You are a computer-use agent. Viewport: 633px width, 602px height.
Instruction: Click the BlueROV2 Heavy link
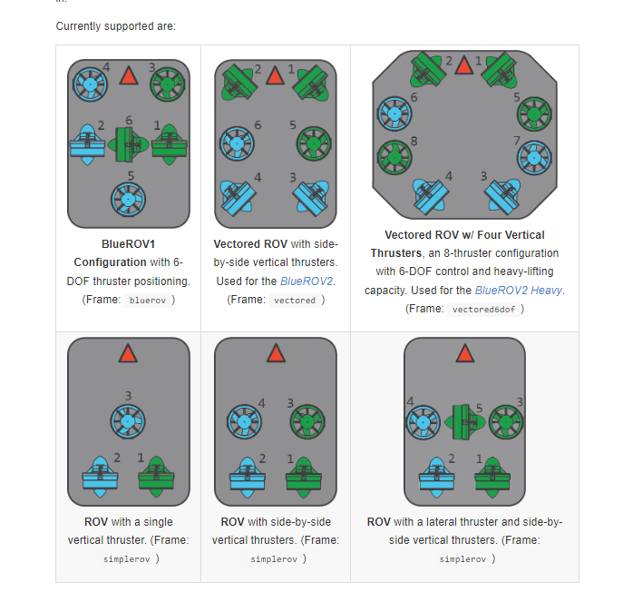[x=519, y=291]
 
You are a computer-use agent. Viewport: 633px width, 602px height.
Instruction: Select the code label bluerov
[x=147, y=300]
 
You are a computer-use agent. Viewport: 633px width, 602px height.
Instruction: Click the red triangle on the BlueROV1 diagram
[x=129, y=75]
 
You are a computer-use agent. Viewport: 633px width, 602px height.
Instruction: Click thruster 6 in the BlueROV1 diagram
[x=129, y=143]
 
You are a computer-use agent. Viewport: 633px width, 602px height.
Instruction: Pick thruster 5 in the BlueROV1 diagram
[x=129, y=198]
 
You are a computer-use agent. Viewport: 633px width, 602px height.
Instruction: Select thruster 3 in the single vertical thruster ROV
[x=128, y=420]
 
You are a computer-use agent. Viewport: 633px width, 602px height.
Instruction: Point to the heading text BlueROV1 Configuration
[x=129, y=253]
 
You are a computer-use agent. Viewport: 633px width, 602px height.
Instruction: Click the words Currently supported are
[x=115, y=25]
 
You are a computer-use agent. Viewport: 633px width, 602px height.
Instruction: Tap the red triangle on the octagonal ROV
[x=464, y=65]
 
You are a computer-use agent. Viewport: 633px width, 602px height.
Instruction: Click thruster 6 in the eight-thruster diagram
[x=394, y=113]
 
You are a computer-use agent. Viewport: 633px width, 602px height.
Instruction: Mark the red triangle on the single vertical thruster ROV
[x=128, y=354]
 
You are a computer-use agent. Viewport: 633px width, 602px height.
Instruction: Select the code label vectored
[x=295, y=300]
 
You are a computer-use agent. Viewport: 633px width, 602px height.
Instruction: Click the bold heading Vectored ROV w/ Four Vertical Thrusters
[x=464, y=244]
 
